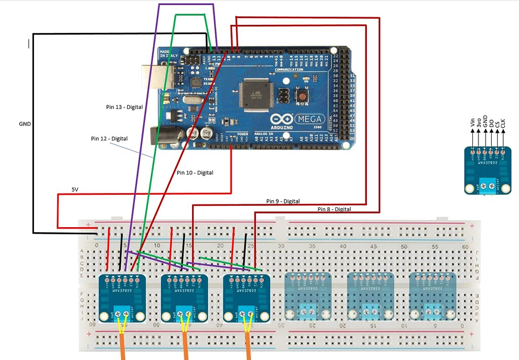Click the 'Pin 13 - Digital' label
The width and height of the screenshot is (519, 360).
click(124, 107)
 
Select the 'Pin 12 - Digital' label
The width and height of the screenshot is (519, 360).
click(109, 138)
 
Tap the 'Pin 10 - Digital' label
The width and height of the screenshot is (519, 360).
click(195, 173)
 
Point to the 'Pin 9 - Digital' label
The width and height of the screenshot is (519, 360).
click(283, 201)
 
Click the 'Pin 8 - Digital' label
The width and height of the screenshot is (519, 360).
click(334, 209)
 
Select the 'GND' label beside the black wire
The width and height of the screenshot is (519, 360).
click(25, 123)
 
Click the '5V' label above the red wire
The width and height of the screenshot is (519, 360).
click(75, 190)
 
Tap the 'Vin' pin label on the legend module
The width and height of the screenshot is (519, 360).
click(473, 122)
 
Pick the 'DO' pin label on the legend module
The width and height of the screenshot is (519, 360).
click(491, 123)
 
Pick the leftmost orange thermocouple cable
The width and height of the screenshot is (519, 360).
click(123, 350)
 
